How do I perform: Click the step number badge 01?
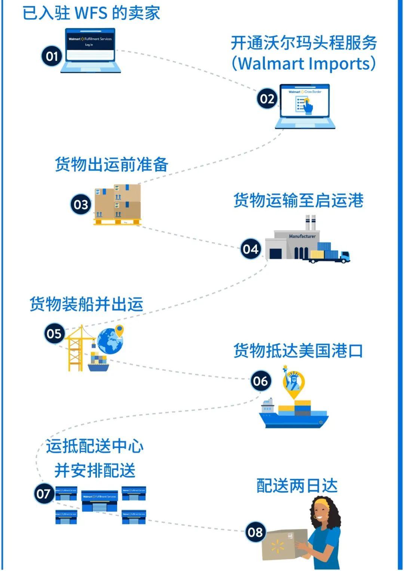point(52,56)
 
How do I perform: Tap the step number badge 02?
point(267,99)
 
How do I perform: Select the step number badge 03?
point(81,204)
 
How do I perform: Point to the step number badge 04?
point(251,249)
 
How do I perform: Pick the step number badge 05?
point(54,333)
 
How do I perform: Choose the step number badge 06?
point(260,381)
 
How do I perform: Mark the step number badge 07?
point(44,494)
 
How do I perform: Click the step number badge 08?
point(255,532)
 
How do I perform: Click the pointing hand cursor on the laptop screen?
point(307,106)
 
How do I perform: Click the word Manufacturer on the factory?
point(302,236)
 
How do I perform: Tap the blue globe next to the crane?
point(110,341)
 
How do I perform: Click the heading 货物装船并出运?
point(86,304)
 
